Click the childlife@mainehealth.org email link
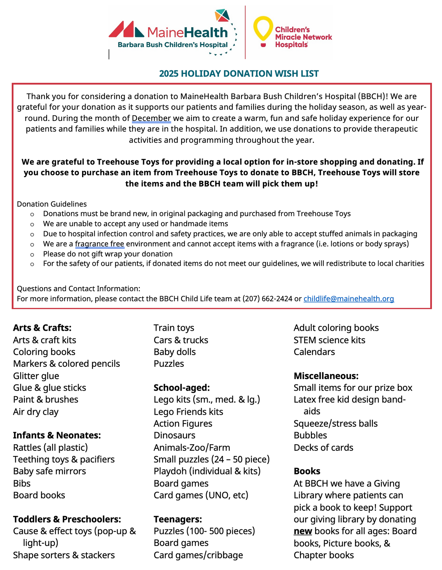pos(349,299)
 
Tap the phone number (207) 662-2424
pos(267,299)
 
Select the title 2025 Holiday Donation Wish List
pos(239,74)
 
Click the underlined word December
pos(151,118)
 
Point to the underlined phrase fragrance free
pos(99,244)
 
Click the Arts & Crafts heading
pos(42,328)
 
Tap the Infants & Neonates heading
pos(57,436)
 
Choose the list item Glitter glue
pos(36,376)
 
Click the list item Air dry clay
pos(36,412)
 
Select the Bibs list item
pos(22,484)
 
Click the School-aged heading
pos(182,388)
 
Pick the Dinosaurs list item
pos(174,436)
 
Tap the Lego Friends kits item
pos(188,412)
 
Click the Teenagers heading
pos(178,519)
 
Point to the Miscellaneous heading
pos(326,376)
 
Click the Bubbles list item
pos(310,436)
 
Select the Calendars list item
pos(314,352)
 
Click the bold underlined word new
pos(302,531)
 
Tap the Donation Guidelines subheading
pos(52,204)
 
